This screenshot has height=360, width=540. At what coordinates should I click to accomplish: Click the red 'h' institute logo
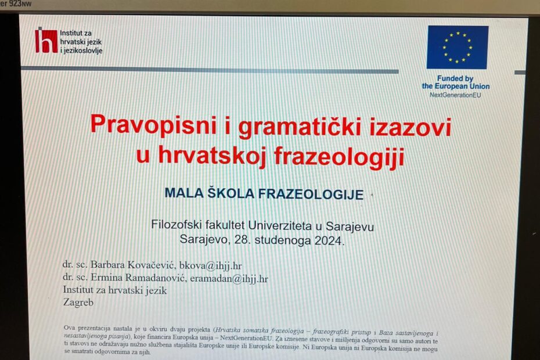(x=46, y=41)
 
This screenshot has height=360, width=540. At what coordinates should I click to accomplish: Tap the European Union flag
(x=458, y=47)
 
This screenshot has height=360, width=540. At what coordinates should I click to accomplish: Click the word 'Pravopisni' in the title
(x=154, y=125)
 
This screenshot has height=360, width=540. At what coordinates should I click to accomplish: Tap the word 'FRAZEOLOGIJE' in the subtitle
(x=311, y=195)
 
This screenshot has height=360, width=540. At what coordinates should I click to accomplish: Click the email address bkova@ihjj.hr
(x=210, y=265)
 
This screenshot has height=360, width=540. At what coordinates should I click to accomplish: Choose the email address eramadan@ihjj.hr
(x=229, y=278)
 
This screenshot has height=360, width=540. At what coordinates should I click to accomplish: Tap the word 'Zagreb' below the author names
(x=78, y=303)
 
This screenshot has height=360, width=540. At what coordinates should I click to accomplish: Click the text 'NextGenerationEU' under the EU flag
(x=455, y=95)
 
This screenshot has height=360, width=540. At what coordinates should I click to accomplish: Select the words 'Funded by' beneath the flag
(x=455, y=78)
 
